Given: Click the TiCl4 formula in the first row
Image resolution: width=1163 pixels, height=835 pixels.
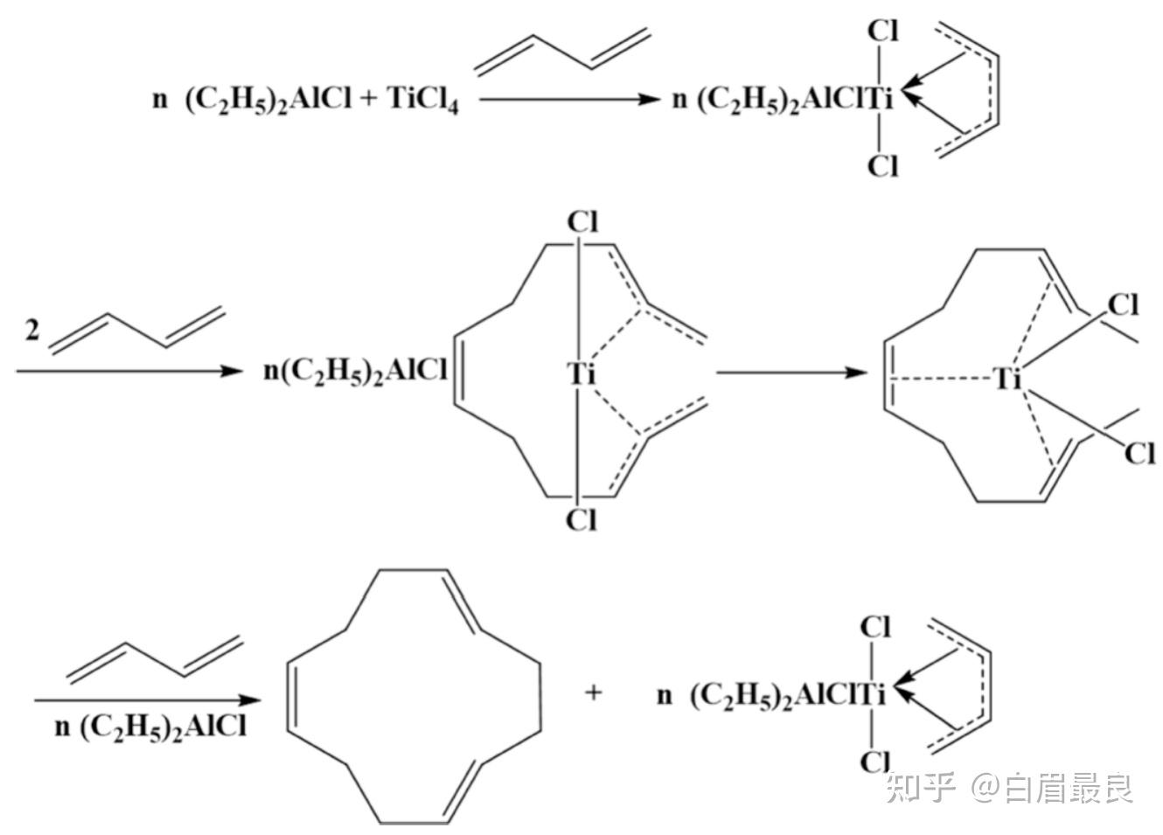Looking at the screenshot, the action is click(x=422, y=99).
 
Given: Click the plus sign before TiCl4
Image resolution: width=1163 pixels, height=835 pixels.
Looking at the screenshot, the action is click(x=367, y=98).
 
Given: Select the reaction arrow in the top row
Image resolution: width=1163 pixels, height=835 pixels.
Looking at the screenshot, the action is click(x=568, y=99).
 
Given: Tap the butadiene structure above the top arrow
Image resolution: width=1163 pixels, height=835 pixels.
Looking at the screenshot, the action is click(x=562, y=51).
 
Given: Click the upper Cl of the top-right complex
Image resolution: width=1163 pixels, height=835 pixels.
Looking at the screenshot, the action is click(x=882, y=31).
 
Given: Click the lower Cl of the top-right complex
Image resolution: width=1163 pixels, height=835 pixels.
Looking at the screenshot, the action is click(x=882, y=164).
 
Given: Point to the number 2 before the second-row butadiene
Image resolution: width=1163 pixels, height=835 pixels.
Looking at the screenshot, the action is click(x=32, y=331).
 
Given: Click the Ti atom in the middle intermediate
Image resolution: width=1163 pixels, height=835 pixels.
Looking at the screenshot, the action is click(x=581, y=374).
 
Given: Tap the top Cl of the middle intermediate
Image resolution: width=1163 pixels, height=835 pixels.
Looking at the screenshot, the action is click(x=582, y=222).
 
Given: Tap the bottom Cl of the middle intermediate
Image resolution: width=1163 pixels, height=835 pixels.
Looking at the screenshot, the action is click(x=581, y=519).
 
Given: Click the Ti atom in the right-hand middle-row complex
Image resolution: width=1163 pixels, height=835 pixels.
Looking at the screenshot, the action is click(x=1008, y=379).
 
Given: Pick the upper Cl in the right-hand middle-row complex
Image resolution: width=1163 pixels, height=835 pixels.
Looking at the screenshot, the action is click(x=1123, y=305).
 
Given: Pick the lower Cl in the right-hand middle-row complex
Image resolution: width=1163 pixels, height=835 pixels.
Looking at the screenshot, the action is click(x=1139, y=454).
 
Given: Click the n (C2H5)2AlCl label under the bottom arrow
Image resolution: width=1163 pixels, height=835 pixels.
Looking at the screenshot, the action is click(x=150, y=727).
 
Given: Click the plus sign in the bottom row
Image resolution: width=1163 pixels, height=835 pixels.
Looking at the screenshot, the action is click(x=594, y=693).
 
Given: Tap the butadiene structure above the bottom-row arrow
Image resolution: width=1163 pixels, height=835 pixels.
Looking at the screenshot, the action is click(x=154, y=658).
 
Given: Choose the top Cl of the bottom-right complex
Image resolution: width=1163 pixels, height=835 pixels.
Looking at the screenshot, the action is click(x=875, y=627).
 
